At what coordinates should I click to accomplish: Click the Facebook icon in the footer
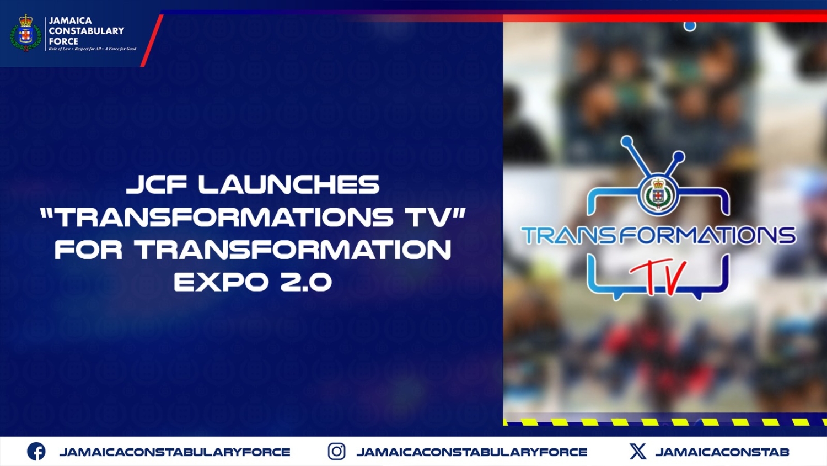click(x=36, y=452)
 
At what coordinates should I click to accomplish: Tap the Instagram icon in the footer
click(x=336, y=452)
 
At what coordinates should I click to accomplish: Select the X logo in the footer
click(x=638, y=452)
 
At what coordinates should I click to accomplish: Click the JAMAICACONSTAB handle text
click(x=722, y=452)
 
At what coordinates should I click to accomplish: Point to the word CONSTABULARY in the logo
click(x=87, y=31)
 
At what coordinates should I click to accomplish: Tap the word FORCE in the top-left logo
click(x=63, y=41)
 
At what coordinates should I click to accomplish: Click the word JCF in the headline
click(x=157, y=185)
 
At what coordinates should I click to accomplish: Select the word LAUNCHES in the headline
click(x=289, y=185)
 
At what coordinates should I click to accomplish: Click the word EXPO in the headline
click(x=221, y=282)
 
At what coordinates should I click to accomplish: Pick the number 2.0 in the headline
click(x=306, y=282)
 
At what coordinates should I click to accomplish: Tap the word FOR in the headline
click(x=88, y=250)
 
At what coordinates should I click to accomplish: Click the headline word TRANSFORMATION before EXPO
click(x=293, y=250)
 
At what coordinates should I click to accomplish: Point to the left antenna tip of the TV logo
click(x=627, y=142)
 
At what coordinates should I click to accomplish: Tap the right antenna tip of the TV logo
click(x=679, y=157)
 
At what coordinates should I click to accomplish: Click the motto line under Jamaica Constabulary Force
click(x=92, y=49)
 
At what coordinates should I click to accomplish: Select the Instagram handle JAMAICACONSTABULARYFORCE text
click(x=472, y=452)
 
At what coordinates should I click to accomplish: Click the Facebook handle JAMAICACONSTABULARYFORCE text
click(x=175, y=452)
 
